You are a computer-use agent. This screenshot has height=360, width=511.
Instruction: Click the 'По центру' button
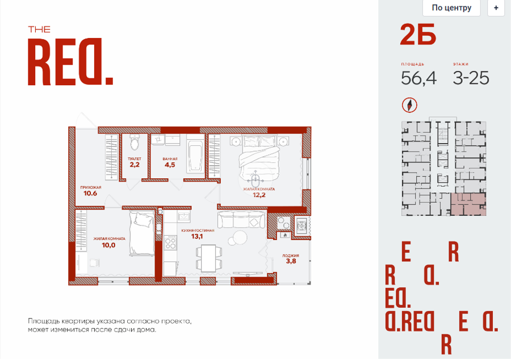(451, 7)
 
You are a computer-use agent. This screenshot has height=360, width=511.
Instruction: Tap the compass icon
(409, 105)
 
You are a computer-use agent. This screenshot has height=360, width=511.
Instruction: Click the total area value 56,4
(419, 78)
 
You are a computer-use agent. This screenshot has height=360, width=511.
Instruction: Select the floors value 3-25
(471, 78)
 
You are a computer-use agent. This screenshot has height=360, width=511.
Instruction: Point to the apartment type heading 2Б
(418, 35)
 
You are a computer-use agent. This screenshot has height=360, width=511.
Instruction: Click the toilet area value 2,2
(135, 165)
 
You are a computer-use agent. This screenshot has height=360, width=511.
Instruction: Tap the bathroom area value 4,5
(170, 165)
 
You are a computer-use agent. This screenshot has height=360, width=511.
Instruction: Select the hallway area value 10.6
(90, 193)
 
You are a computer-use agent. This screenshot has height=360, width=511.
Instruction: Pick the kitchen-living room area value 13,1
(197, 236)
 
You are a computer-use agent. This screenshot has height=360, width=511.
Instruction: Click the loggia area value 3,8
(291, 261)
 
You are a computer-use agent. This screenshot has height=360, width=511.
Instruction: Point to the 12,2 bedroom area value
(259, 195)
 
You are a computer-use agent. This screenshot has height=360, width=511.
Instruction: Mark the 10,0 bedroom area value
(108, 245)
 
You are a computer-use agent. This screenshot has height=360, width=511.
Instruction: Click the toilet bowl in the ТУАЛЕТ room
(134, 141)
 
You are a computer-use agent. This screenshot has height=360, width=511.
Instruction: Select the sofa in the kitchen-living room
(241, 219)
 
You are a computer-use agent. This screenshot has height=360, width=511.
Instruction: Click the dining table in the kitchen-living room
(208, 258)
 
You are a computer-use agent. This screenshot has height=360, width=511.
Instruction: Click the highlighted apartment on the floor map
(468, 204)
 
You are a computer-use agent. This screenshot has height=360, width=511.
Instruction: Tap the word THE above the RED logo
(39, 30)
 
